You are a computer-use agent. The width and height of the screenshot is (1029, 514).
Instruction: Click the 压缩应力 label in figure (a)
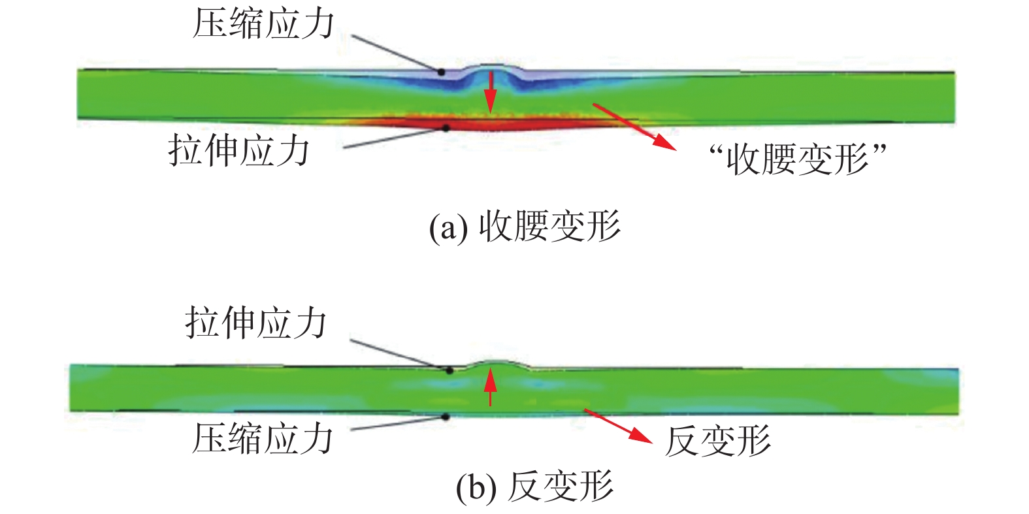[x=263, y=25]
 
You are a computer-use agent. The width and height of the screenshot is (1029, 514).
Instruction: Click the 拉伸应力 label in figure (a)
[x=239, y=151]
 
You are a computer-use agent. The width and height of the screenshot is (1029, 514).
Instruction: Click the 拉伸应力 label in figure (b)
[x=255, y=323]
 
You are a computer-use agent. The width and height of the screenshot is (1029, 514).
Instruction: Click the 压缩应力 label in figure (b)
[x=263, y=438]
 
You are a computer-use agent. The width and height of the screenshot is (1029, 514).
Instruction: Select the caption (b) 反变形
[x=534, y=487]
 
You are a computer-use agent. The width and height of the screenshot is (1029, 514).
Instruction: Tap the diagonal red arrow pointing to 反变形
[x=617, y=426]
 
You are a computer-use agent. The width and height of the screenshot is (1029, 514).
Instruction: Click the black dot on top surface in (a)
[x=442, y=72]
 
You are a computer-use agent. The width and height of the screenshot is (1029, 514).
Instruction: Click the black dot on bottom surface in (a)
[x=446, y=128]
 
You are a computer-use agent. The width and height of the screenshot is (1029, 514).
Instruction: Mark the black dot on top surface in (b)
[x=449, y=370]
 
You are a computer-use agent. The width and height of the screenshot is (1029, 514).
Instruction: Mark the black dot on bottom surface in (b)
[x=445, y=416]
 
